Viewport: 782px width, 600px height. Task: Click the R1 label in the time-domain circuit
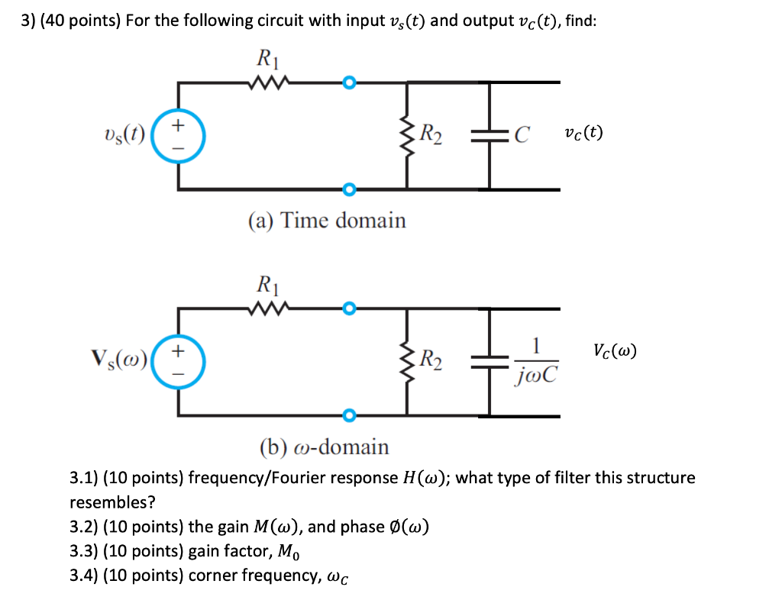click(x=266, y=58)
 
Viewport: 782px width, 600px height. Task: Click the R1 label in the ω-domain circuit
click(x=266, y=287)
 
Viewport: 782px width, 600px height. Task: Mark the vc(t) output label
click(x=583, y=133)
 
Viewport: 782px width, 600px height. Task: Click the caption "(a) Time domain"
click(x=327, y=221)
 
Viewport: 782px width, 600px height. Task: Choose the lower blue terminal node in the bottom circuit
click(x=349, y=415)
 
